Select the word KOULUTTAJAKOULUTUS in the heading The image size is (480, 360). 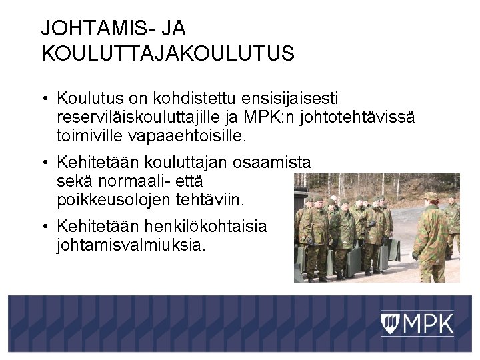167,53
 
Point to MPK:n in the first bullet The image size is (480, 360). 265,118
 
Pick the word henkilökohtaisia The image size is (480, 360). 209,226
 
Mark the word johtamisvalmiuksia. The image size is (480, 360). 131,245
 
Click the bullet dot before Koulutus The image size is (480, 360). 43,99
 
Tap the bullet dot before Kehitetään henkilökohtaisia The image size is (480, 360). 43,227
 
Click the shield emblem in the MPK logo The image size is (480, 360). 390,324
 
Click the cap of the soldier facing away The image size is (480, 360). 431,196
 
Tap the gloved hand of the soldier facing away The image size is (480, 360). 415,255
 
